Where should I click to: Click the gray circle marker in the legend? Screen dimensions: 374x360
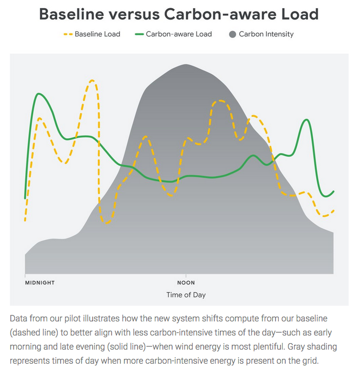(x=233, y=34)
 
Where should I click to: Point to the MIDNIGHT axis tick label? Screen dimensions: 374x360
(x=40, y=282)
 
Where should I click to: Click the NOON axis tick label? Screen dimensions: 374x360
(x=186, y=282)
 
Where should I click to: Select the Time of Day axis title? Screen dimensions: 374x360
(x=186, y=295)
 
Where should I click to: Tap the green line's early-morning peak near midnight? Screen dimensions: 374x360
(x=37, y=94)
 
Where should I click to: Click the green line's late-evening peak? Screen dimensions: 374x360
(x=307, y=120)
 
